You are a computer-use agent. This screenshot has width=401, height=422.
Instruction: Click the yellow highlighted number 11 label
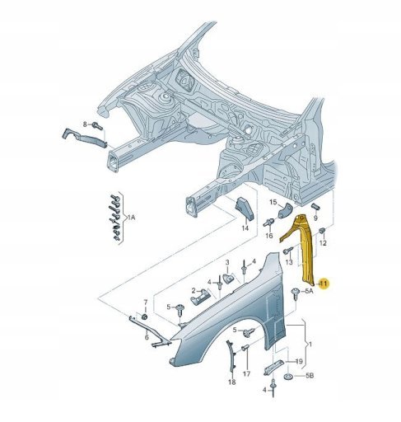tap(324, 284)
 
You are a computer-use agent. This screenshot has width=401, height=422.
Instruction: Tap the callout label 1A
tap(131, 218)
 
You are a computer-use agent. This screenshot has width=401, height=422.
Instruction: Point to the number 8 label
tap(85, 124)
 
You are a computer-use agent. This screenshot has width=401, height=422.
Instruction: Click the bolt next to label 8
tap(97, 126)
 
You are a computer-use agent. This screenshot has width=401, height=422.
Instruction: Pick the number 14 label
tap(245, 228)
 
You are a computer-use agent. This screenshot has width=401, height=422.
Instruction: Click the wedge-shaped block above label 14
tap(244, 209)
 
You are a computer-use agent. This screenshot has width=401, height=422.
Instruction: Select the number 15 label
tap(273, 203)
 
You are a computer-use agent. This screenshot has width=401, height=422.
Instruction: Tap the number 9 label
tap(315, 218)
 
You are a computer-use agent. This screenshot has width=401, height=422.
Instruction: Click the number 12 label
tap(323, 243)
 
